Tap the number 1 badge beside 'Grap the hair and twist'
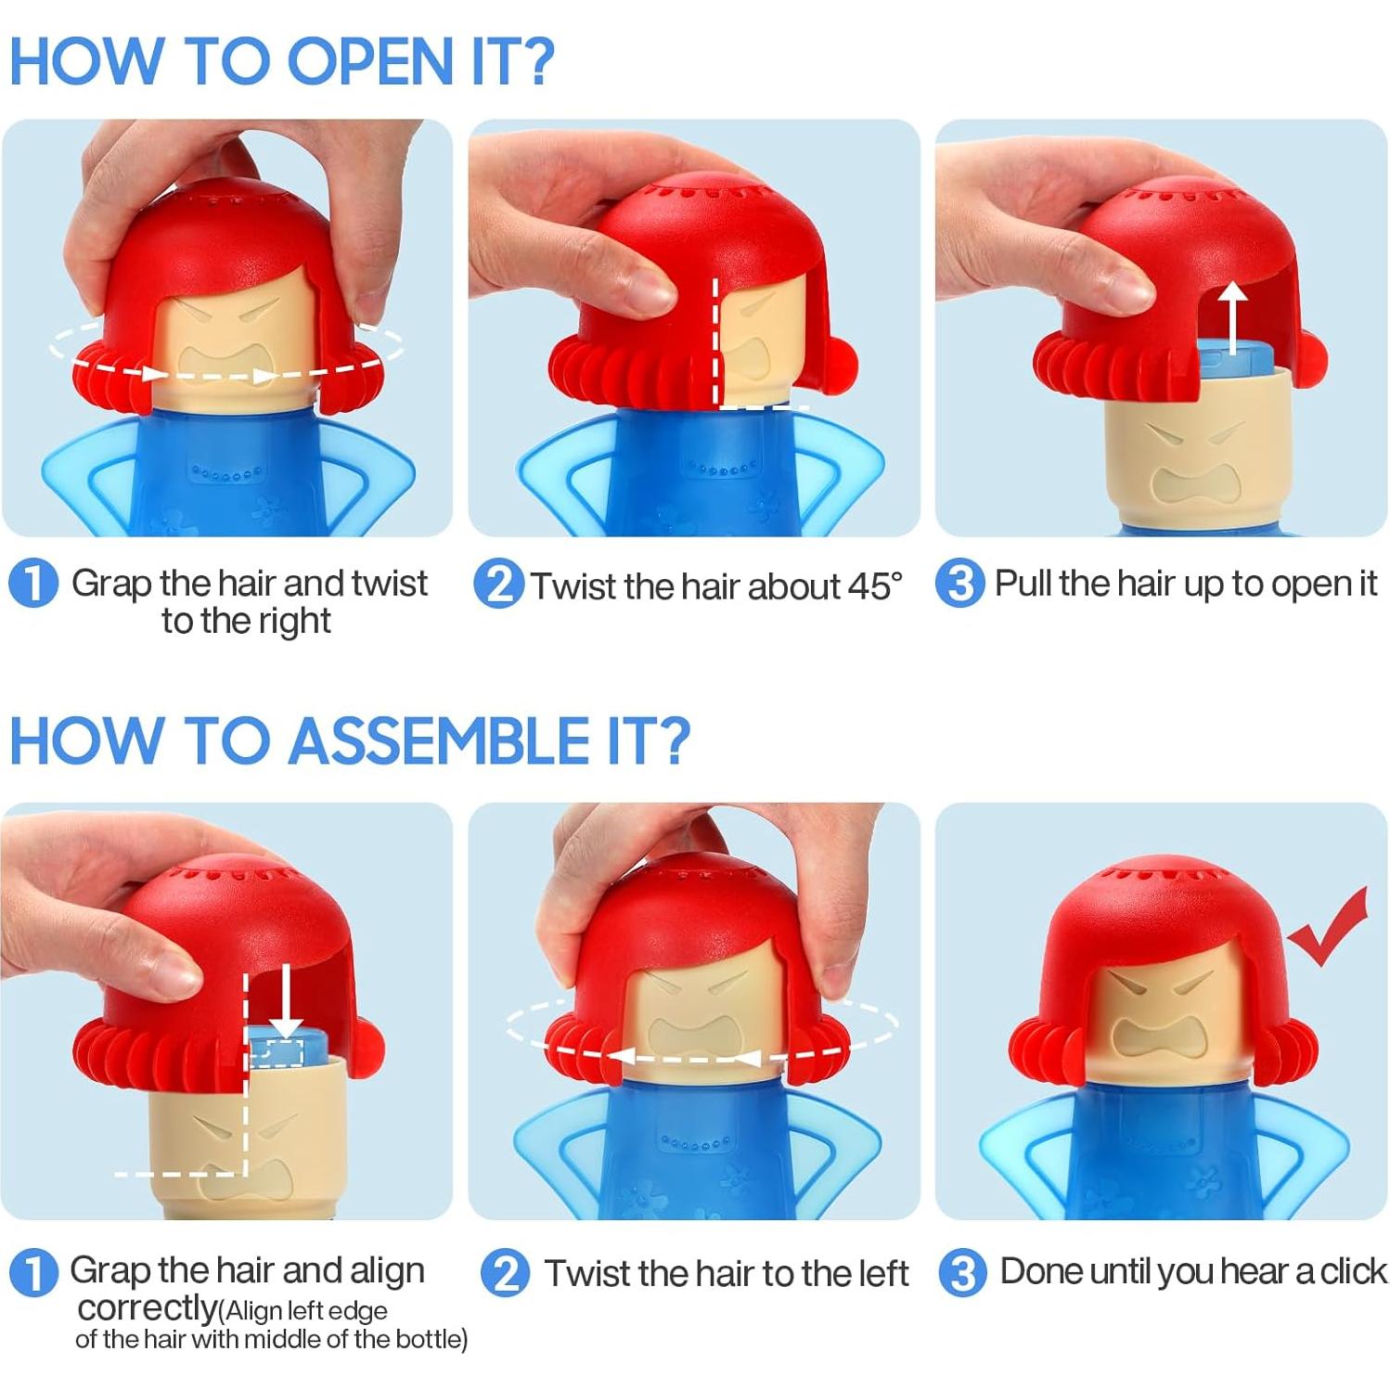click(x=33, y=584)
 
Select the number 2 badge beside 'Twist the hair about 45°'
click(x=498, y=585)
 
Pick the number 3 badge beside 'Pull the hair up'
click(x=959, y=584)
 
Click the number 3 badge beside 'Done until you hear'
click(x=963, y=1272)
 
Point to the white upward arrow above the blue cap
click(x=1232, y=318)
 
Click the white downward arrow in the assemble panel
click(x=287, y=1001)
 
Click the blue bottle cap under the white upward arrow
click(x=1239, y=357)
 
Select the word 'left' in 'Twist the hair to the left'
click(x=882, y=1273)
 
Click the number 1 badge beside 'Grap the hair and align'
click(x=33, y=1272)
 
